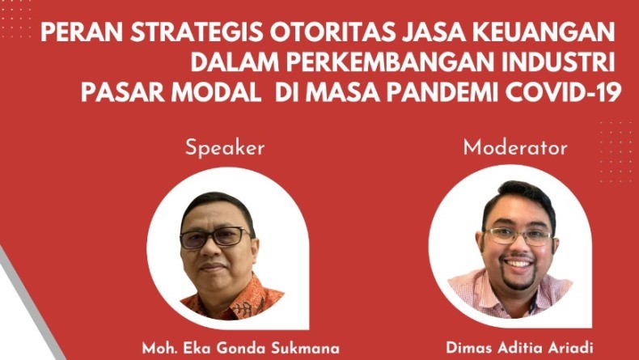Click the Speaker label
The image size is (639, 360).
(225, 147)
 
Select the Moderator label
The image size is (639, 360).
(514, 147)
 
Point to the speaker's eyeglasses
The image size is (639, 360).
(215, 237)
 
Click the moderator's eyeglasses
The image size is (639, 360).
(517, 236)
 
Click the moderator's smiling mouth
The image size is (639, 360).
(518, 264)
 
